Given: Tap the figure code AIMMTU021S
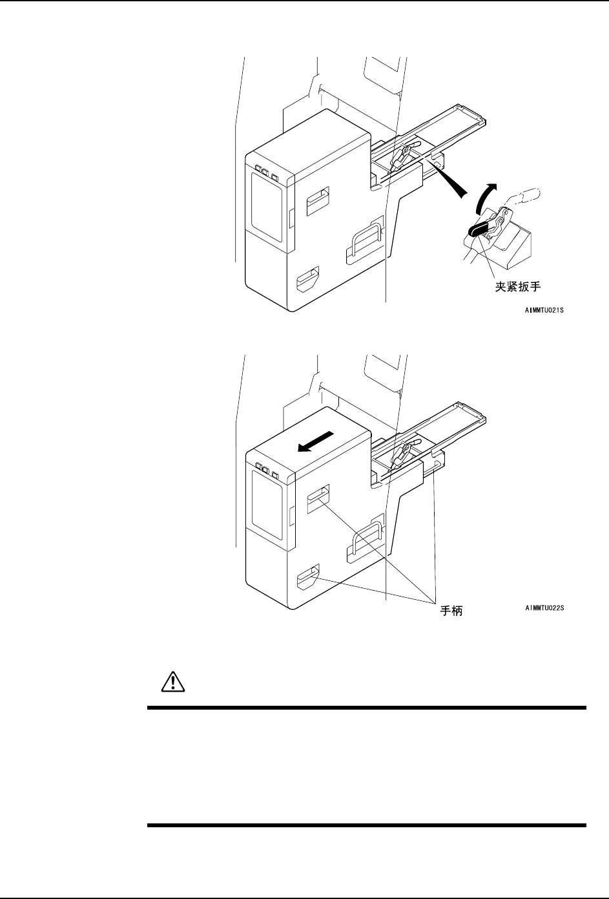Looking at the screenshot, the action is coord(548,311).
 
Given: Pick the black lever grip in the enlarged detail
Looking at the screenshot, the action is coord(479,229).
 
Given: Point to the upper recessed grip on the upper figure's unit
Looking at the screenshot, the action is coord(317,201).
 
